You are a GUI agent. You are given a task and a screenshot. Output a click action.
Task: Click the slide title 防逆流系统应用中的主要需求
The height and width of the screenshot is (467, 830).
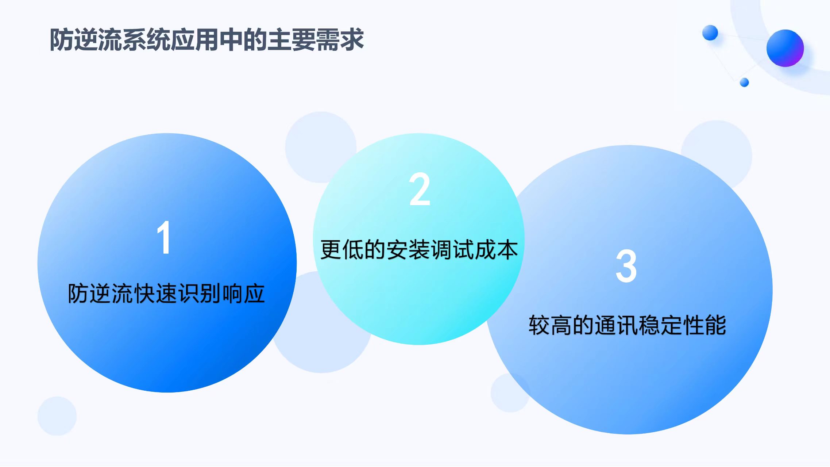click(206, 39)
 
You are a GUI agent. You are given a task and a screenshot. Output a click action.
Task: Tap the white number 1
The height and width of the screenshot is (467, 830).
click(164, 237)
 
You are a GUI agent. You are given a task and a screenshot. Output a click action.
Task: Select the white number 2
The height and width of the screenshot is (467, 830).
click(420, 189)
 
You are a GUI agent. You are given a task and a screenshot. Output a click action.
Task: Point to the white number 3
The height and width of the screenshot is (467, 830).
click(626, 266)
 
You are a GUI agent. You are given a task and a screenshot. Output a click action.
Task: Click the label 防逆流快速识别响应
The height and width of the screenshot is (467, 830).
click(166, 293)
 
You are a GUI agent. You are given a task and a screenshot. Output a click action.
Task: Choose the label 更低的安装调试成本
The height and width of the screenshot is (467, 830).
click(419, 250)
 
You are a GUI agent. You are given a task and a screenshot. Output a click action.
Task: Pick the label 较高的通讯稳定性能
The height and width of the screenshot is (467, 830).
click(627, 325)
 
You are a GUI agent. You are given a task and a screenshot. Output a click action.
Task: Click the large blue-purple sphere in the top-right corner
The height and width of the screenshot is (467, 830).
click(785, 48)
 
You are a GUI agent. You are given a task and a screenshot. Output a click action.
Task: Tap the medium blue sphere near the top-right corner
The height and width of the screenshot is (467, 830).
click(710, 33)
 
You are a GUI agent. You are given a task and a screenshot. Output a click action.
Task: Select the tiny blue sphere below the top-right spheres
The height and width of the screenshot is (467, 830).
click(744, 83)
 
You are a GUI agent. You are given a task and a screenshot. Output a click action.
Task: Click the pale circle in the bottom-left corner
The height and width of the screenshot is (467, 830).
click(57, 416)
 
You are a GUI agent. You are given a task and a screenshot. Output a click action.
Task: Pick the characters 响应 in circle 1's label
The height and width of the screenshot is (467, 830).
click(243, 293)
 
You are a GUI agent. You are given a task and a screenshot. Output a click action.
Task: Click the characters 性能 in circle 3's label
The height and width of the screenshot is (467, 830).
click(704, 325)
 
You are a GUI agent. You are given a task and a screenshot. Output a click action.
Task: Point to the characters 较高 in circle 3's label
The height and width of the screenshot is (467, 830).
click(550, 325)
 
